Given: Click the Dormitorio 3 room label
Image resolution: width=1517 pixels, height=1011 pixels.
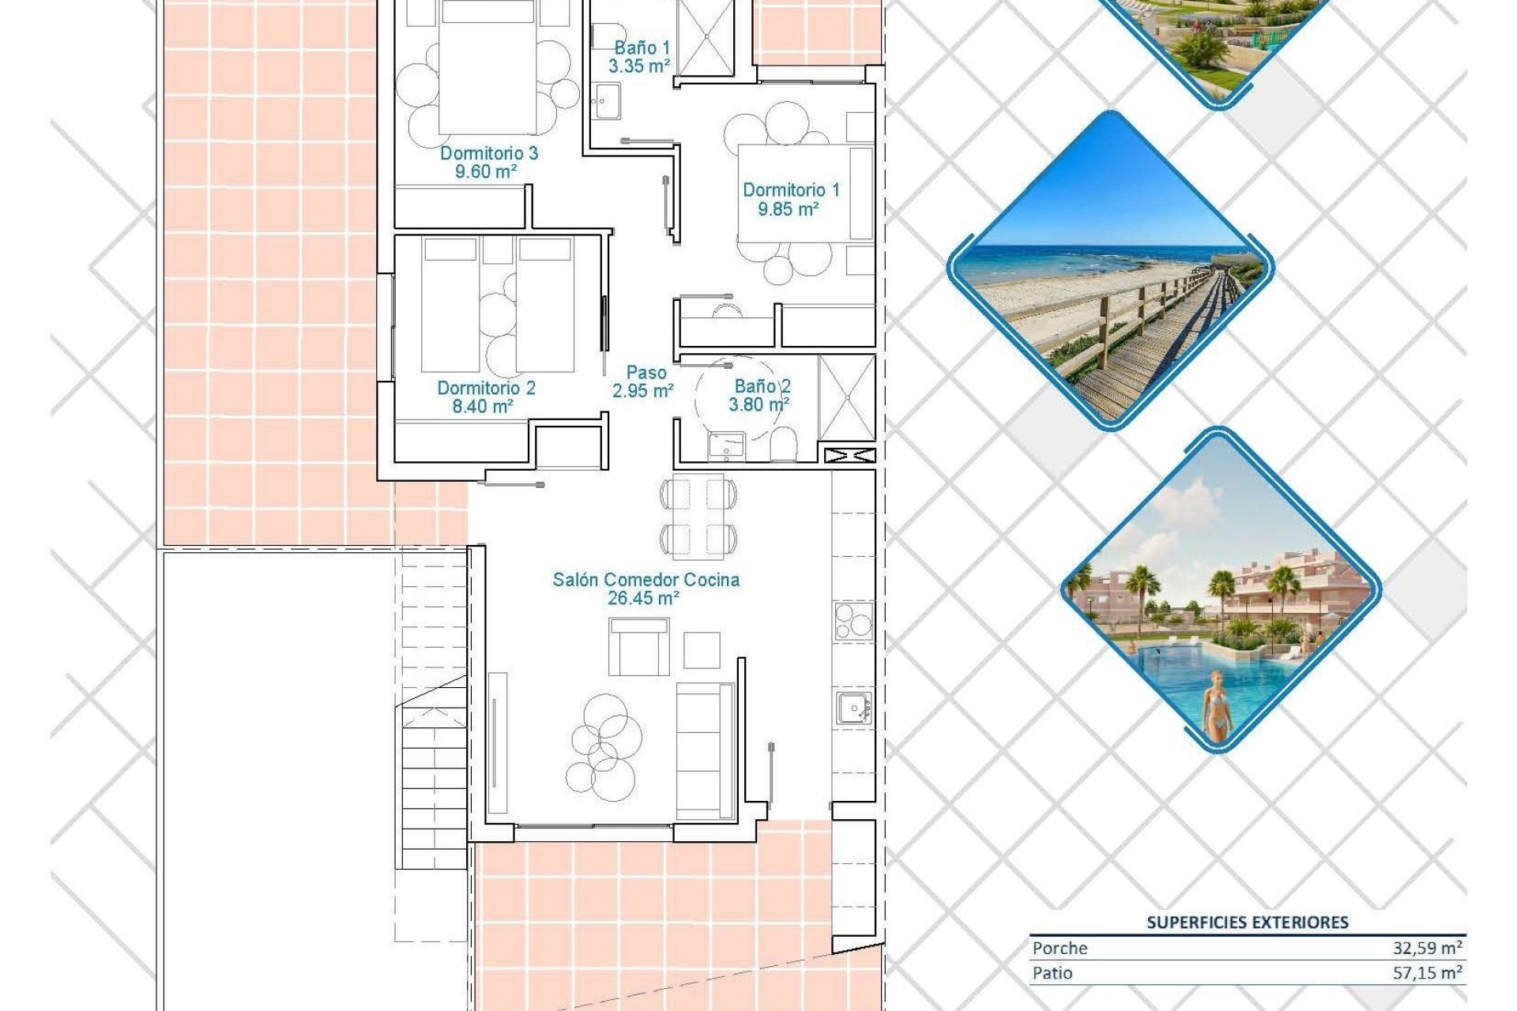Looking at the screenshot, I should [x=488, y=152].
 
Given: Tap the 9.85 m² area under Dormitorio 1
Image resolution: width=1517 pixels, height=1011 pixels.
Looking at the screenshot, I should [x=788, y=209].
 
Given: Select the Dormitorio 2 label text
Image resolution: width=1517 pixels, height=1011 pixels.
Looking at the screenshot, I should [x=486, y=388].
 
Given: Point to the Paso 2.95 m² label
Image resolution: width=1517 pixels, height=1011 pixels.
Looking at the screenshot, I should [x=643, y=381].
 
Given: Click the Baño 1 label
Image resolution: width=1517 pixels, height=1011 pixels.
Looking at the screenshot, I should [x=642, y=48].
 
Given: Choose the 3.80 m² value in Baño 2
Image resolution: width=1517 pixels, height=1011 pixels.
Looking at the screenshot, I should [x=758, y=405].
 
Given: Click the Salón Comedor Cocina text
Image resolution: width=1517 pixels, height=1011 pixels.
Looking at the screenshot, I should [x=646, y=580].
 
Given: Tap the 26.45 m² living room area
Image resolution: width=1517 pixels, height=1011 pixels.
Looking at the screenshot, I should [x=642, y=599].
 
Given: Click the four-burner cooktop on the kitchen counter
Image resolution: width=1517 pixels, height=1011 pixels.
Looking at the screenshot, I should [x=853, y=620].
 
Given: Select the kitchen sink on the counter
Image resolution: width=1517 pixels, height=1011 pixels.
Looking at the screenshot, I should [x=853, y=708].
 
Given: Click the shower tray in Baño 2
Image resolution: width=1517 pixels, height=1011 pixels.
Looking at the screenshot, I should [x=846, y=397].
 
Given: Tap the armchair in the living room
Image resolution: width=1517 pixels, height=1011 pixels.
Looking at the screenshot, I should [x=638, y=647].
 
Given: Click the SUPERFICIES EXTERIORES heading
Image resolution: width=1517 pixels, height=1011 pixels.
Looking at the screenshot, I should [x=1247, y=922].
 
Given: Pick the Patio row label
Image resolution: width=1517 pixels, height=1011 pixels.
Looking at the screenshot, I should [x=1052, y=973].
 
